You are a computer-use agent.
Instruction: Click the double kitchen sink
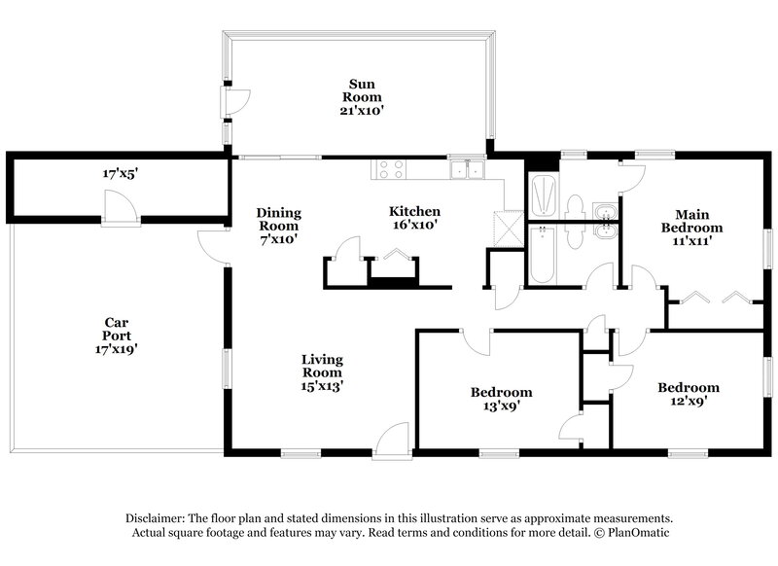point(468,170)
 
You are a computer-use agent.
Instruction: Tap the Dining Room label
point(278,219)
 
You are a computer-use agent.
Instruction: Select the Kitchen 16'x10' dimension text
point(415,225)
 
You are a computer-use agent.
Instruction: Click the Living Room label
point(321,366)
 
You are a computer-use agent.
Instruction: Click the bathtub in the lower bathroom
point(543,255)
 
